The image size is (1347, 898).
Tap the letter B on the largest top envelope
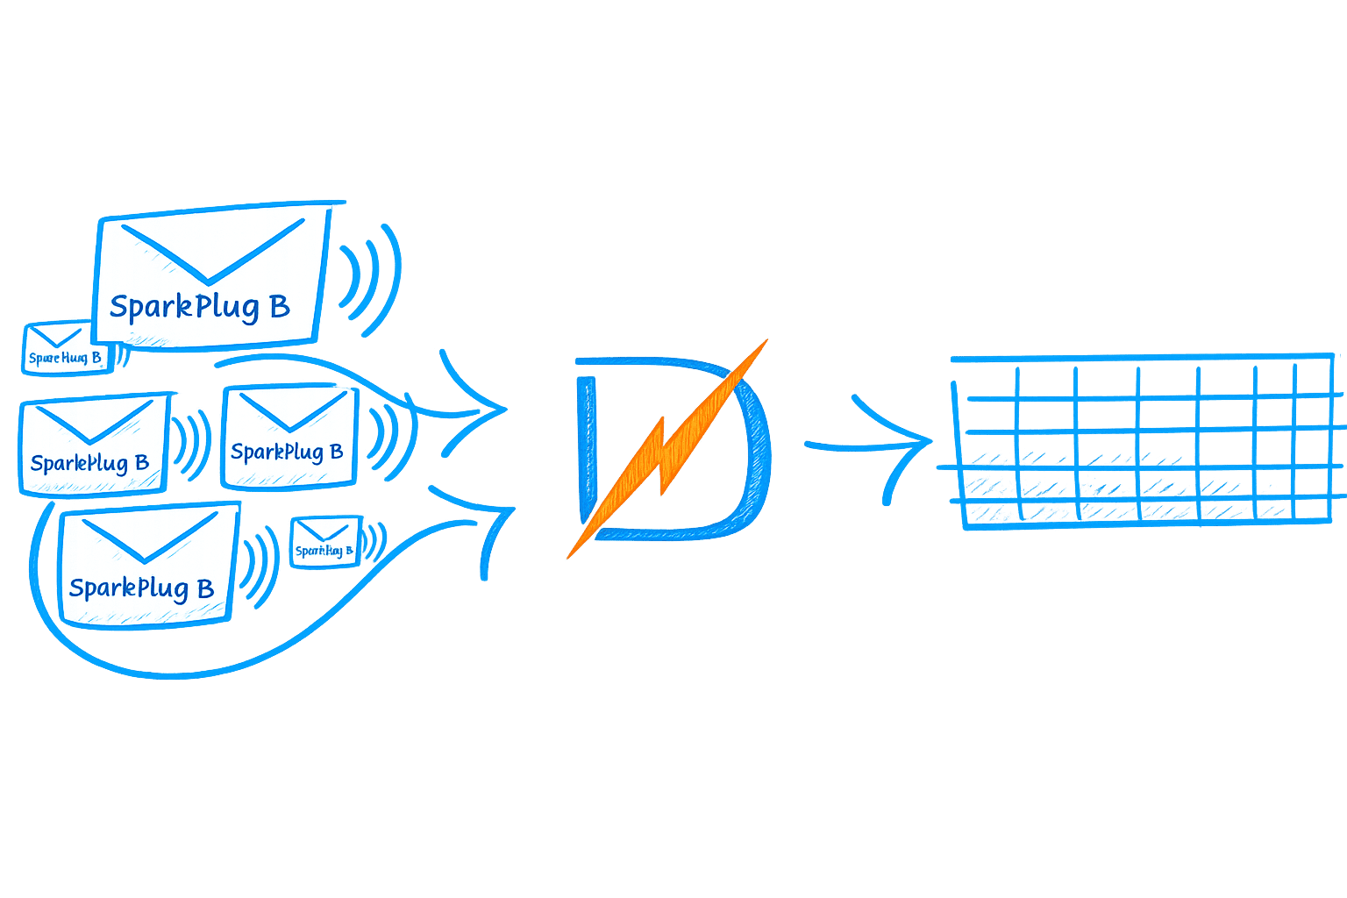click(x=279, y=306)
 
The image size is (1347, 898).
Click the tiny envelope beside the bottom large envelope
click(x=324, y=542)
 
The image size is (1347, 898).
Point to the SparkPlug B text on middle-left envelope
click(x=89, y=463)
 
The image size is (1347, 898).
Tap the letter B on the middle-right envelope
click(x=335, y=452)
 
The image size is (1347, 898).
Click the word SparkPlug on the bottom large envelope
click(x=128, y=588)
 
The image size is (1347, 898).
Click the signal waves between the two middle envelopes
click(x=190, y=443)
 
